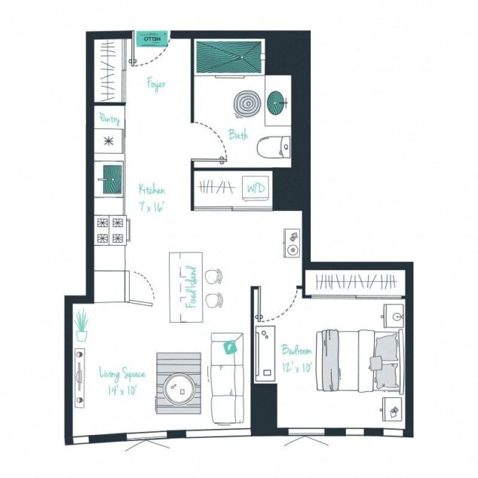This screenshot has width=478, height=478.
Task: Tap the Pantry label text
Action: pyautogui.click(x=109, y=118)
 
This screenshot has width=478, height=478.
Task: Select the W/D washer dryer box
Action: pyautogui.click(x=253, y=188)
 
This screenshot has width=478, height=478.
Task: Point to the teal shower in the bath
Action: pyautogui.click(x=229, y=57)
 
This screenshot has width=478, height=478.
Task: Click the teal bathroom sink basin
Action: pyautogui.click(x=277, y=100)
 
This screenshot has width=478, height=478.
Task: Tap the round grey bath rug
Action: pyautogui.click(x=247, y=103)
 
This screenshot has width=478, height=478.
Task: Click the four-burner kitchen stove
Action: pyautogui.click(x=110, y=230)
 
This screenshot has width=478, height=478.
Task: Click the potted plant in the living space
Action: pyautogui.click(x=81, y=325)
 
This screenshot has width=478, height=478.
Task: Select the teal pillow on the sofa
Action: pyautogui.click(x=231, y=347)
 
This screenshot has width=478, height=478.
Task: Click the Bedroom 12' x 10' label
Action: pyautogui.click(x=297, y=357)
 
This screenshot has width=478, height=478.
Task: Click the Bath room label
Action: pyautogui.click(x=239, y=135)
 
